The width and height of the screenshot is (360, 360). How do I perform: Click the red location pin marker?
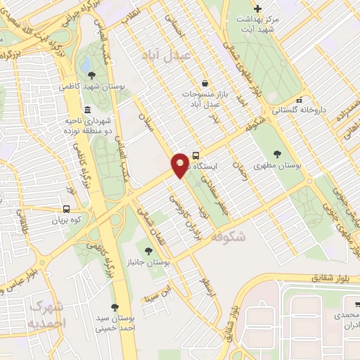[180, 165]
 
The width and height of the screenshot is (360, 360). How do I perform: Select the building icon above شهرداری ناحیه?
[86, 110]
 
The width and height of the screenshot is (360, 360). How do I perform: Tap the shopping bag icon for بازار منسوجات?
[204, 82]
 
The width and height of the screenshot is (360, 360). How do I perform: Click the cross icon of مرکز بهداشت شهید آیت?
[257, 9]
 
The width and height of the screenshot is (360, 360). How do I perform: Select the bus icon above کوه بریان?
[66, 209]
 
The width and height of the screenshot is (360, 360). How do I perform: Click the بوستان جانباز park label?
[148, 262]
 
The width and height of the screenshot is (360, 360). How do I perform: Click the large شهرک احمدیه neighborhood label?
[46, 315]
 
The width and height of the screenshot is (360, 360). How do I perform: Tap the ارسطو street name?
[205, 282]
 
